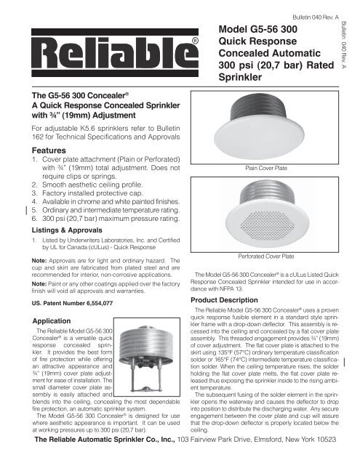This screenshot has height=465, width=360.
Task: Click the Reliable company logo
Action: point(108,54)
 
